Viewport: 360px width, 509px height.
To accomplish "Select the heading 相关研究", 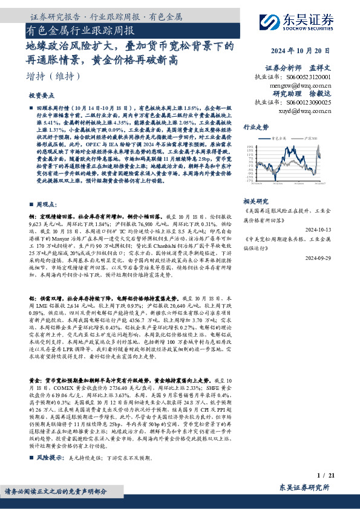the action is coord(255,200).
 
